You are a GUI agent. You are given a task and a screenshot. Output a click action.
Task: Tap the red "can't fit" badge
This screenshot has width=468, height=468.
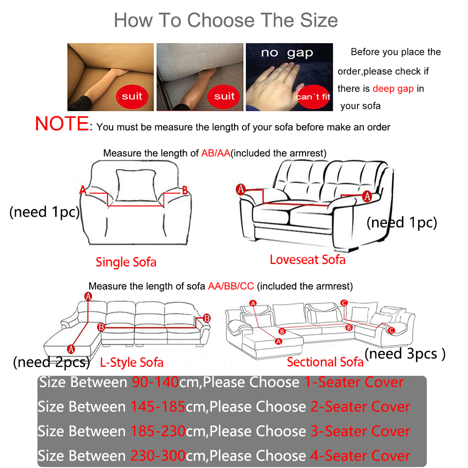313,97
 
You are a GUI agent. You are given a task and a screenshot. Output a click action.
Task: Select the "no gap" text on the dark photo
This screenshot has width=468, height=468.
287,53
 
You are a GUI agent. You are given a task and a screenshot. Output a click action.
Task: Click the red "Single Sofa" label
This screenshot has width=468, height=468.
126,262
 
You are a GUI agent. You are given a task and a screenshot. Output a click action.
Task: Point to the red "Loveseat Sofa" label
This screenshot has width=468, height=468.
307,260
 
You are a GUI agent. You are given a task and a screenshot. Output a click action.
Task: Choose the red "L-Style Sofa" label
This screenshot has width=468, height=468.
132,362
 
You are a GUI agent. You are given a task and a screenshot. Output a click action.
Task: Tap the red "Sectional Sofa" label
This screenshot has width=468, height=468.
325,362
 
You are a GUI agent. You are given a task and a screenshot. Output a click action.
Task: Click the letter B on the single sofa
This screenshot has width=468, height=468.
184,190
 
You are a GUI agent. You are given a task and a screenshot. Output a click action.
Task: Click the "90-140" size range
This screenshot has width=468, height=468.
155,383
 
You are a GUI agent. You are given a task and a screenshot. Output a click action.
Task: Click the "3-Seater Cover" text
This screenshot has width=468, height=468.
360,431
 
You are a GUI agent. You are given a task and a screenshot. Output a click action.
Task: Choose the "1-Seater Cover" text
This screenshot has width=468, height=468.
354,383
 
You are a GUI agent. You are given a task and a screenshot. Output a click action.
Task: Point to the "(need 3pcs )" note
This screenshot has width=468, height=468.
405,354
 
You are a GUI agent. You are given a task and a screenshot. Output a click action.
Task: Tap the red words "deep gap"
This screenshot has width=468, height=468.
393,88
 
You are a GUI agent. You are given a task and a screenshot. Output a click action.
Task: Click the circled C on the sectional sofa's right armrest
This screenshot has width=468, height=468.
391,330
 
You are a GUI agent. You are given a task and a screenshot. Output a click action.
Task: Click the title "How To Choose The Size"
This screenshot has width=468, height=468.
226,20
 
